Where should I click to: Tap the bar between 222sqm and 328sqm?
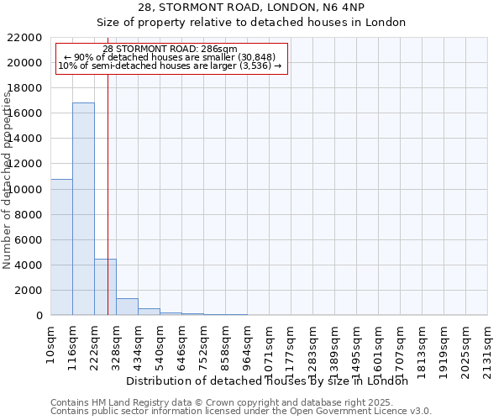105,286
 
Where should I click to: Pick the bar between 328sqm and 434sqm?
127,307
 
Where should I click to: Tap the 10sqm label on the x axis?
50,341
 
